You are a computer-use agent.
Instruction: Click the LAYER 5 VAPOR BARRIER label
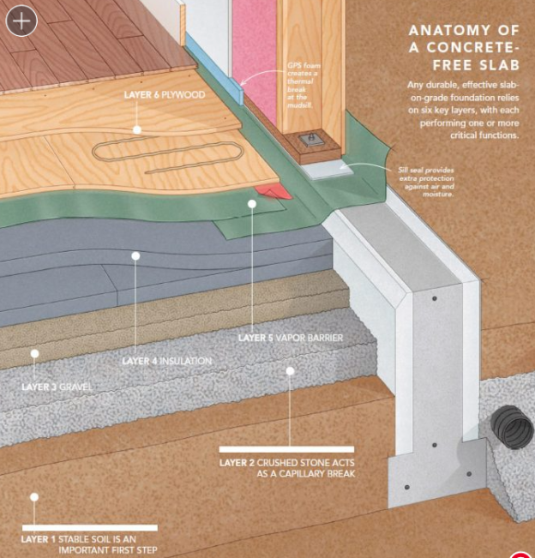point(291,339)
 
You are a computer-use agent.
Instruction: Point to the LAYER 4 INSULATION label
point(166,361)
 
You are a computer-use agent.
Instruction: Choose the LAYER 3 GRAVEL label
point(57,387)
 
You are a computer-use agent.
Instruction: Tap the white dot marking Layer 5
point(252,204)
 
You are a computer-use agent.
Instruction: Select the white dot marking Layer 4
point(135,255)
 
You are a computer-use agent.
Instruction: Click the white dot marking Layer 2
point(290,371)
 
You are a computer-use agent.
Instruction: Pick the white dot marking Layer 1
point(34,496)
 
